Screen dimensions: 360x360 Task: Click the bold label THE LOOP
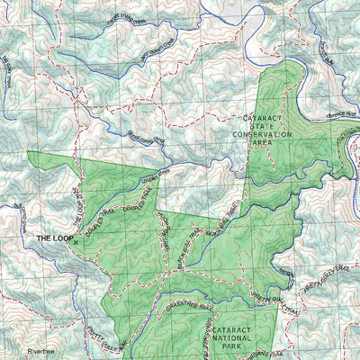54,238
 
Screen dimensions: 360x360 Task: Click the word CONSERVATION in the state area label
261,135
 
